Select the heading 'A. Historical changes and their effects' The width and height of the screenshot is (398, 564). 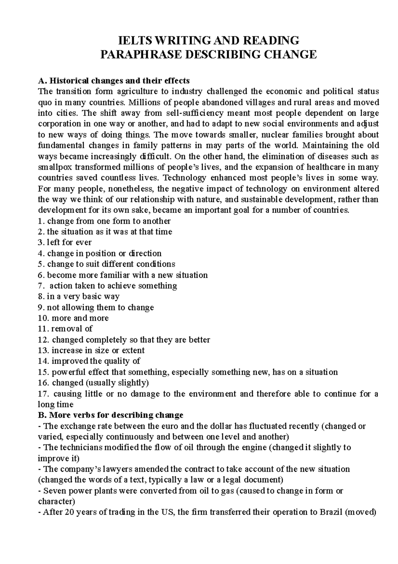coord(114,81)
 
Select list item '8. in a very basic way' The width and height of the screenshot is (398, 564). coord(79,297)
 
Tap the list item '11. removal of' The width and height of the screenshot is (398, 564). coord(65,329)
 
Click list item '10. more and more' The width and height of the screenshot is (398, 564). coord(73,318)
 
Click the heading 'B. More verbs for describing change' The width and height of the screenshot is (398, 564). coord(111,416)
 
